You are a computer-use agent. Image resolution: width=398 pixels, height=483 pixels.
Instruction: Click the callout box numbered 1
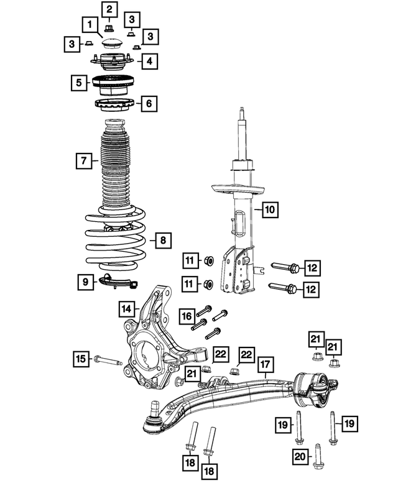(90, 25)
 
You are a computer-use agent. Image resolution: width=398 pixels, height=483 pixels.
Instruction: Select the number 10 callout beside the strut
(269, 209)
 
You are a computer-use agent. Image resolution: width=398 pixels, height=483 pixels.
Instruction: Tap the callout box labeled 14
(126, 308)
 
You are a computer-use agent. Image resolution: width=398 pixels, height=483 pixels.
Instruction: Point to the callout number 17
(265, 364)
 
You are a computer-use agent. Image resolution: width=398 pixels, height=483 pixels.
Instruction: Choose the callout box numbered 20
(300, 458)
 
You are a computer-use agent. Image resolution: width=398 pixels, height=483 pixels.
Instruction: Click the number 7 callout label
(82, 161)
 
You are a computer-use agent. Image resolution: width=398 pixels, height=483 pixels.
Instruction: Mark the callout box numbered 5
(78, 82)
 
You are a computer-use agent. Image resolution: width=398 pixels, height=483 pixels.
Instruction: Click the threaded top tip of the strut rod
(241, 113)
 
